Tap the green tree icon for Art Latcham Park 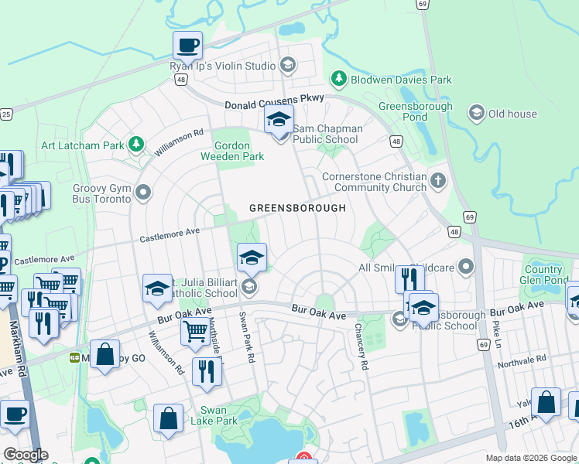tap(136, 145)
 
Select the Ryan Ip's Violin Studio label tap(222, 66)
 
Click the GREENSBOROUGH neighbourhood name tap(296, 208)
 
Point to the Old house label tap(512, 114)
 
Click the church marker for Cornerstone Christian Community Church tap(438, 181)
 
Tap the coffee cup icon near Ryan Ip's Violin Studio tap(187, 46)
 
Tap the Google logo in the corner tap(25, 454)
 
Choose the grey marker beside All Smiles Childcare tap(465, 268)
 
